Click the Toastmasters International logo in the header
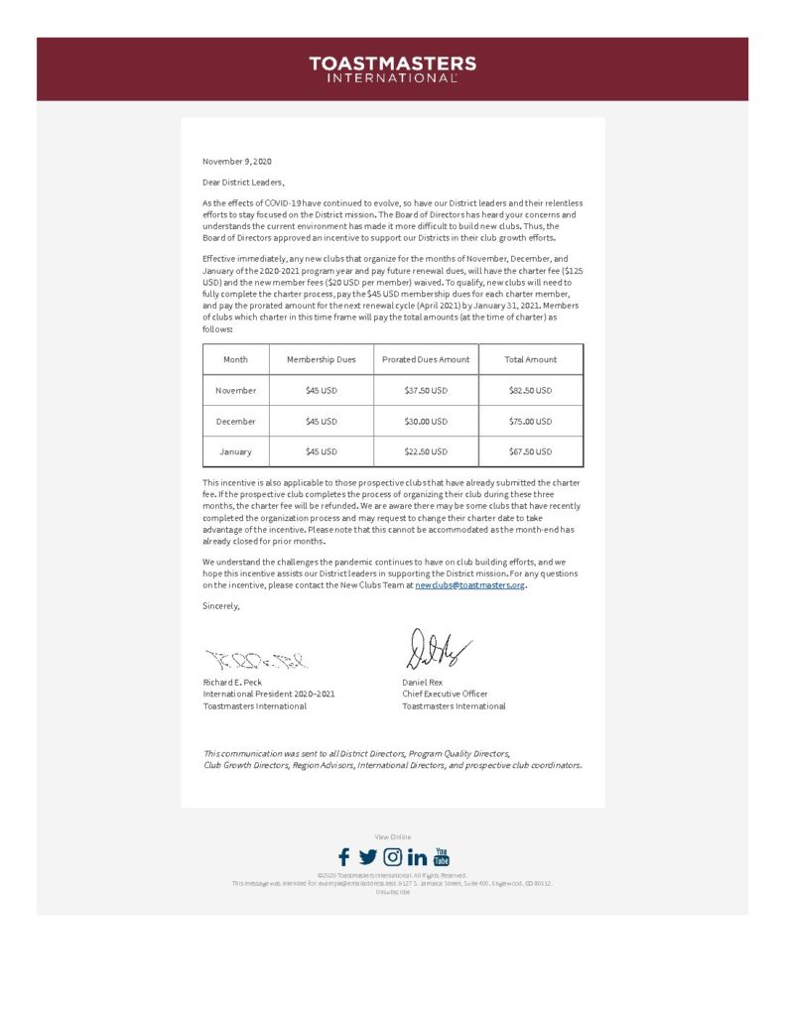tap(392, 69)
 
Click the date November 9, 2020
tap(236, 161)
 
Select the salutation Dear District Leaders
tap(243, 182)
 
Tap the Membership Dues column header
tap(321, 359)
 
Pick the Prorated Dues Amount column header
tap(426, 359)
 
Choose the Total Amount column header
tap(530, 359)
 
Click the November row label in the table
tap(236, 390)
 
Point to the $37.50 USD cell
tap(426, 390)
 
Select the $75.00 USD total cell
tap(530, 421)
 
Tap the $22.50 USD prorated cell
tap(426, 451)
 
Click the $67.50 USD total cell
tap(530, 451)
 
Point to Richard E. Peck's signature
tap(256, 659)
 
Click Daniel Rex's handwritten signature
tap(435, 651)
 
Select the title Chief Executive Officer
tap(445, 694)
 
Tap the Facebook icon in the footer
tap(343, 857)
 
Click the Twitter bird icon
tap(367, 857)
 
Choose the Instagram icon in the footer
tap(393, 857)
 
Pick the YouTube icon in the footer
tap(442, 856)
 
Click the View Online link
tap(392, 837)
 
